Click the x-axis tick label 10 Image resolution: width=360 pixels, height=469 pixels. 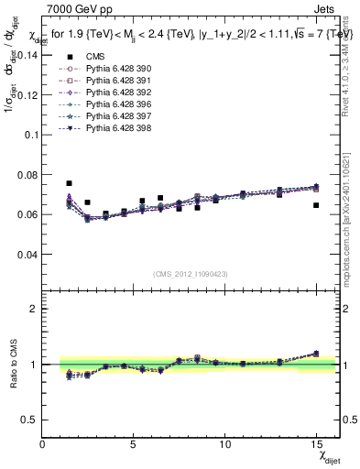pyautogui.click(x=225, y=444)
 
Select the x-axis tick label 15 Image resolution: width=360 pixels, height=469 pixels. pyautogui.click(x=316, y=444)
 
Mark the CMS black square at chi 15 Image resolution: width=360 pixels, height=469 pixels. pyautogui.click(x=316, y=205)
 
